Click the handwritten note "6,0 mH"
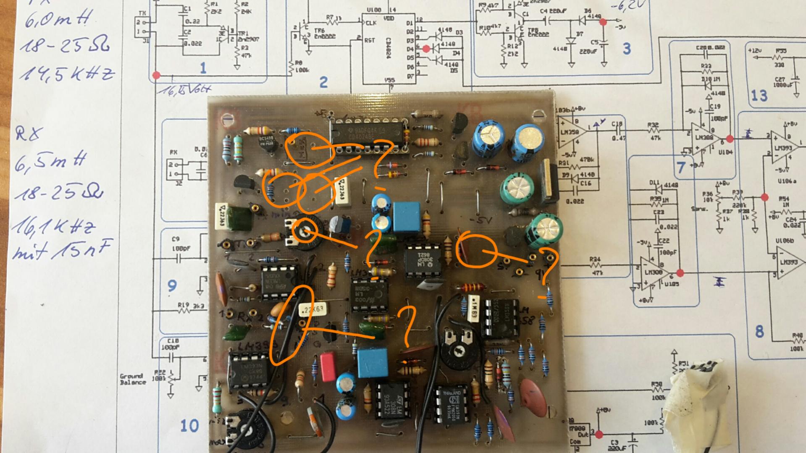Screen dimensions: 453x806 [59, 19]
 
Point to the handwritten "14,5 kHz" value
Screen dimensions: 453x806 [67, 74]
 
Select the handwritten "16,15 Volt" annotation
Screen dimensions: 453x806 [185, 89]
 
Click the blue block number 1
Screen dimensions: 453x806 [203, 68]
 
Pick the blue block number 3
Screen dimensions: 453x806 [626, 49]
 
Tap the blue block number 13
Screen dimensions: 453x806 [759, 96]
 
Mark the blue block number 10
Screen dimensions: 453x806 [189, 426]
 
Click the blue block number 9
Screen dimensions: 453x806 [172, 286]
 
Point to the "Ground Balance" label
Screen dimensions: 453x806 [133, 379]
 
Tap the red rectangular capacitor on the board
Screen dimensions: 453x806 [328, 367]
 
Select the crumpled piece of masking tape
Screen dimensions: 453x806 [697, 403]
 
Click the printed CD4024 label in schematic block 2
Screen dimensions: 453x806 [388, 49]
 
